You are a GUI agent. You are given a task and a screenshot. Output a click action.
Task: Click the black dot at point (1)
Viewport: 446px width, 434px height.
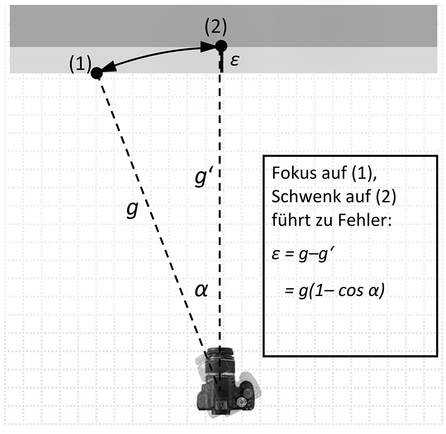[x=96, y=73]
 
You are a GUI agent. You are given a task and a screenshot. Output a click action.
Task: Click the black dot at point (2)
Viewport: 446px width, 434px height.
[x=221, y=46]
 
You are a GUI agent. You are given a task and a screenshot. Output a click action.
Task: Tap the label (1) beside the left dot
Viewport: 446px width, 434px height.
[x=79, y=65]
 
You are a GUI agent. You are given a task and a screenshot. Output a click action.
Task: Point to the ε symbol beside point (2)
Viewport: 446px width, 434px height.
[x=235, y=61]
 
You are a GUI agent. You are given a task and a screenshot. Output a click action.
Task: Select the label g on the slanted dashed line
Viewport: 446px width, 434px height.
[x=132, y=209]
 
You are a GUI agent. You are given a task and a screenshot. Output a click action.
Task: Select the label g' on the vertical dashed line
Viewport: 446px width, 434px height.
[x=203, y=178]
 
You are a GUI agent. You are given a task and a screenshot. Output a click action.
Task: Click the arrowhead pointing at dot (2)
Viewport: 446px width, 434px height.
[x=208, y=47]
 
